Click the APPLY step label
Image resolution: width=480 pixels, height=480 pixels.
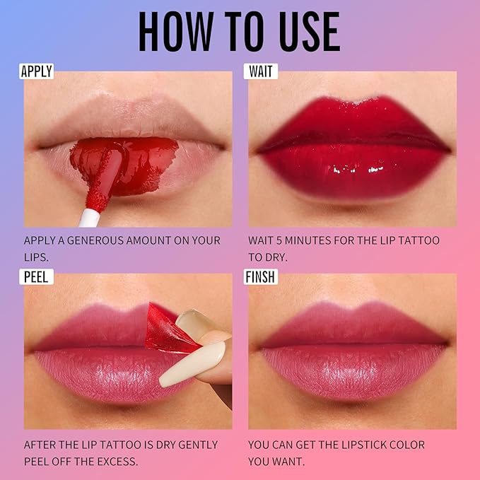pos(37,71)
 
